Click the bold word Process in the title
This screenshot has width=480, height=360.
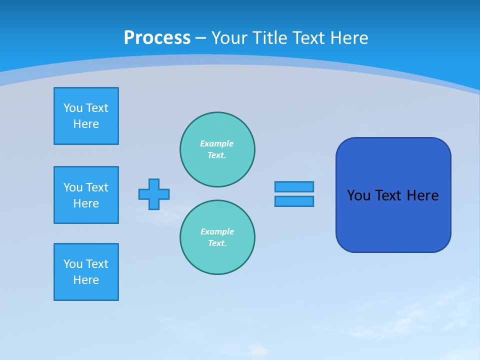click(x=157, y=38)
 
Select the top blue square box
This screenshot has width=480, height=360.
click(x=86, y=116)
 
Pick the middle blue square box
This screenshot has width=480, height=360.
click(x=86, y=195)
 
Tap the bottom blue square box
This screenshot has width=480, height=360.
click(x=86, y=272)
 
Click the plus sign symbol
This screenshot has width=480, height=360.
click(x=154, y=194)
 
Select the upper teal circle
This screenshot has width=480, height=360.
click(x=217, y=149)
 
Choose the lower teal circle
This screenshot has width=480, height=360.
click(x=217, y=237)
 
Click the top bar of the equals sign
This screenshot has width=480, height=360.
click(x=294, y=186)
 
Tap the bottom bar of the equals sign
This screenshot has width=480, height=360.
click(x=294, y=201)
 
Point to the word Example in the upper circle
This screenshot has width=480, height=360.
click(x=216, y=143)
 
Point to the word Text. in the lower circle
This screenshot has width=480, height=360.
click(x=217, y=243)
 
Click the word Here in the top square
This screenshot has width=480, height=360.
click(x=86, y=124)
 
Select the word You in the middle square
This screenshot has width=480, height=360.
click(x=72, y=187)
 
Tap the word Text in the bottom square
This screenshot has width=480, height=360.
click(x=97, y=264)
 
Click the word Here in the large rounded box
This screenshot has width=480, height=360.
click(x=422, y=195)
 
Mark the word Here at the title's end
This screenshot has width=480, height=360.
click(x=350, y=38)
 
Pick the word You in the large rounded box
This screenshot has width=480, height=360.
click(x=358, y=195)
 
